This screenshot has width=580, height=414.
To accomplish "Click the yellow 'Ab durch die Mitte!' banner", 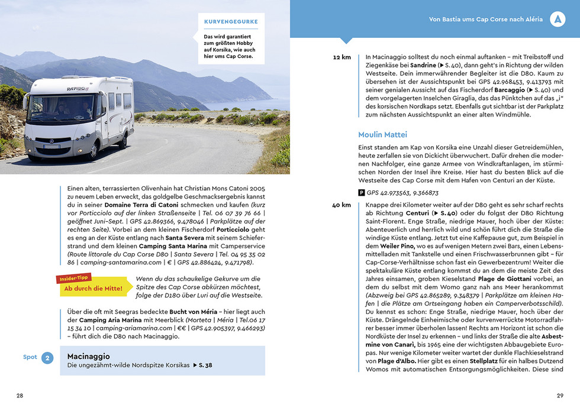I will point(94,288).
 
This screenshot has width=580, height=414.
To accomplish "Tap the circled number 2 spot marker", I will point(49,357).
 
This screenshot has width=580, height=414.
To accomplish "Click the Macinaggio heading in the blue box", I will point(89,357).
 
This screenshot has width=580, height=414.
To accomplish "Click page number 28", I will point(20,396).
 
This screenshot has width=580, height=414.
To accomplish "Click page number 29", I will point(560,396).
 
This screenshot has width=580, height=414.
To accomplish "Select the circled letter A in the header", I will point(557,19).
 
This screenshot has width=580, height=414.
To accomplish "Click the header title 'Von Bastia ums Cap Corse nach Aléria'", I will point(485,20).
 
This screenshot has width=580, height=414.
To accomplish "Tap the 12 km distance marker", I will point(342,57).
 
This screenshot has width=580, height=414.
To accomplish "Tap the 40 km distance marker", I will point(341,205).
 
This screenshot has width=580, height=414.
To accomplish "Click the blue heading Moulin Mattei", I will point(382,134).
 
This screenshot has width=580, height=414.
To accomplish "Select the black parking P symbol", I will point(362,192).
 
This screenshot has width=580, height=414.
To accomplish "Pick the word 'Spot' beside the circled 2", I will point(30,357).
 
